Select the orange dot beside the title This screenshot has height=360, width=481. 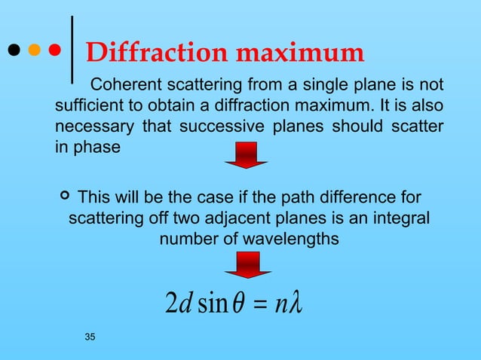(x=34, y=51)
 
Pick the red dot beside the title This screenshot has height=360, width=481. (x=54, y=51)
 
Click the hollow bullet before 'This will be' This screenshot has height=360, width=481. (x=64, y=197)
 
